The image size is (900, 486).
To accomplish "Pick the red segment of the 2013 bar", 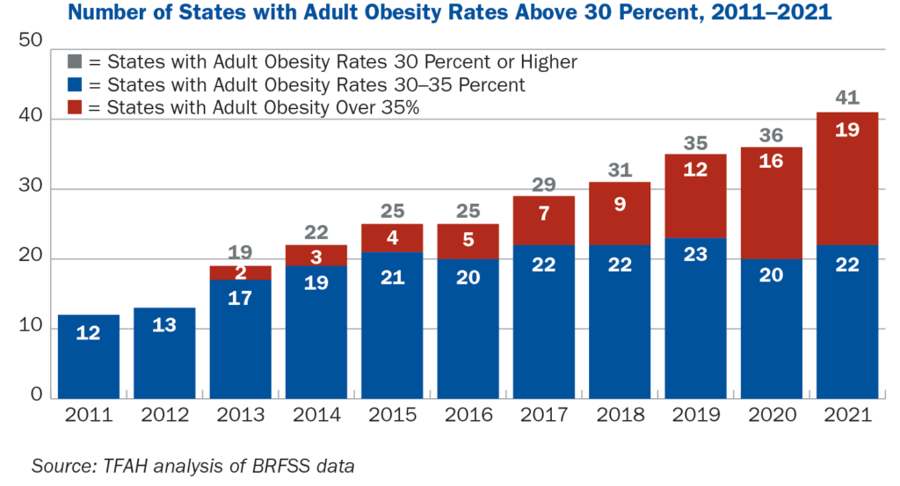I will (241, 273).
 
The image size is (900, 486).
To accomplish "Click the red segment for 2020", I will (771, 203).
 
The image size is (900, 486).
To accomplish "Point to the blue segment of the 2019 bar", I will (695, 316).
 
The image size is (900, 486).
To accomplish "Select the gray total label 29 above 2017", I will (544, 184).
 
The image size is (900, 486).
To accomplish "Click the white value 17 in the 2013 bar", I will (241, 298).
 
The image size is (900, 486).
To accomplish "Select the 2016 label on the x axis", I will (468, 416).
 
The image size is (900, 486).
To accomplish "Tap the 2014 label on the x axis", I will (316, 416).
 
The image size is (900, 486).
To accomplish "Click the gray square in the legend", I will (74, 62).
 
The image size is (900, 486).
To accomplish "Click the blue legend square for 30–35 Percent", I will (74, 85).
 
